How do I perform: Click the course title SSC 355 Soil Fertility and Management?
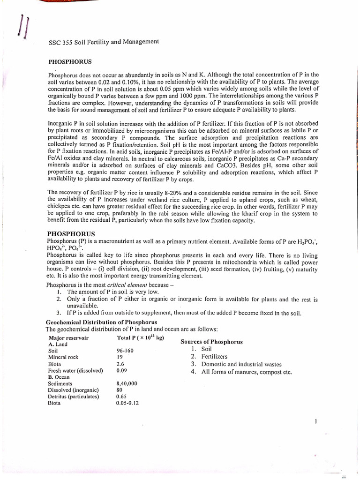(x=104, y=42)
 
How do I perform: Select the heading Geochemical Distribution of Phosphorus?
(x=101, y=322)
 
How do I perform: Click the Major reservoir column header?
(x=68, y=338)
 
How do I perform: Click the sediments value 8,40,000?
(x=127, y=383)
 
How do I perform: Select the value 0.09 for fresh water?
(x=121, y=370)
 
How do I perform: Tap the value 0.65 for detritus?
(x=121, y=396)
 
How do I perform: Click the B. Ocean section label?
(x=59, y=376)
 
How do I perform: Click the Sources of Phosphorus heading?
(x=211, y=342)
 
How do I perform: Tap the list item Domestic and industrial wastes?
(x=241, y=364)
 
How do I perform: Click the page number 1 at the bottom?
(x=316, y=421)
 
